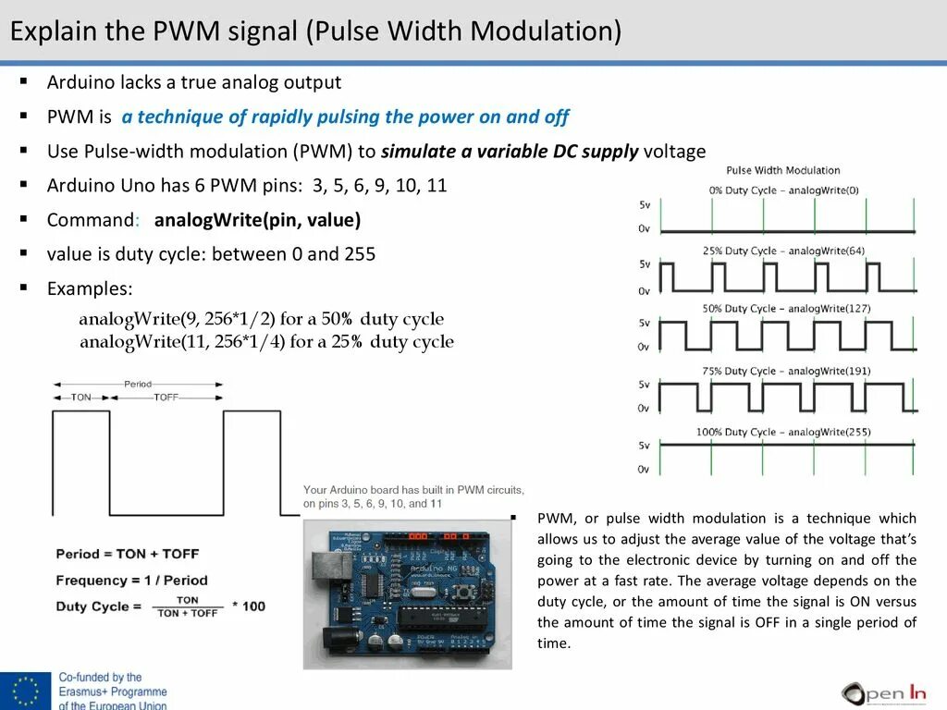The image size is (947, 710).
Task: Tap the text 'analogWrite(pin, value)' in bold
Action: click(257, 220)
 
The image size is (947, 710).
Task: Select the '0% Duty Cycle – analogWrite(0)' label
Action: click(783, 190)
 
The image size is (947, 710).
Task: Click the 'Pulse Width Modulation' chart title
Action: click(782, 170)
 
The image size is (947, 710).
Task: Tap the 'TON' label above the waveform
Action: click(81, 397)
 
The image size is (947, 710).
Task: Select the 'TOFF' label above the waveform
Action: click(166, 397)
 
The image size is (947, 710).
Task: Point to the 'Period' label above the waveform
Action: click(138, 384)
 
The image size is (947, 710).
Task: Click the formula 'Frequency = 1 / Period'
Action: click(131, 581)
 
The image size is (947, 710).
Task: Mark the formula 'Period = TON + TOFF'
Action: click(128, 554)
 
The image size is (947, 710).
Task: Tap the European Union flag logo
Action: click(26, 692)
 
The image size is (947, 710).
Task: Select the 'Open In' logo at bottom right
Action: click(882, 692)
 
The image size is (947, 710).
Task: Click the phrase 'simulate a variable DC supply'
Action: click(510, 151)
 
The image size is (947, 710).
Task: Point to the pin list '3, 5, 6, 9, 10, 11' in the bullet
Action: click(379, 185)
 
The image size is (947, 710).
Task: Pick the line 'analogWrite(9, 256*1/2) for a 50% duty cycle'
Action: click(261, 319)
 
